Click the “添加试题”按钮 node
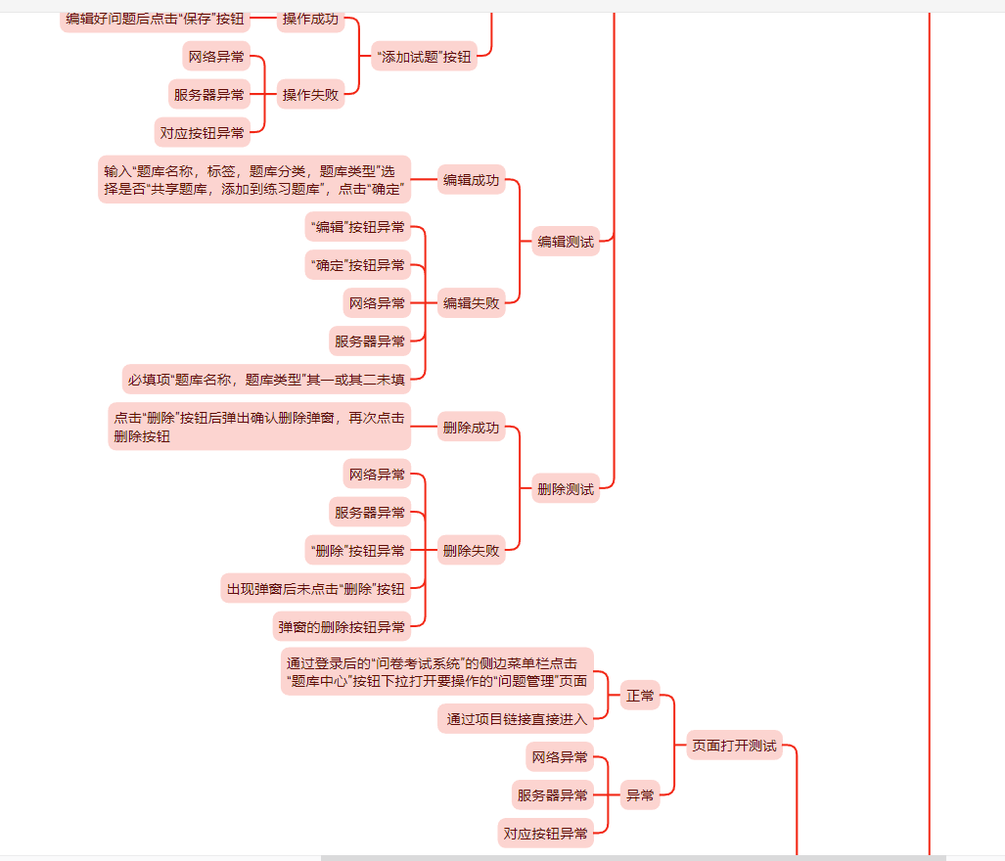424,57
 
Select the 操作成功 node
310,19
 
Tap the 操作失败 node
310,95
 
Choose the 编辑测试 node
566,242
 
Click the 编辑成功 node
471,180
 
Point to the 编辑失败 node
471,303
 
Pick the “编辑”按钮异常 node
357,227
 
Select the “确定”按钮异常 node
357,265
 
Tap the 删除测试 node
566,489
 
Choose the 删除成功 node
471,428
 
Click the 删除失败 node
471,551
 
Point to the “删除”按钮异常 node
357,551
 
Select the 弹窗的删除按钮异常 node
342,626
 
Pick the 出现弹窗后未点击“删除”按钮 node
315,589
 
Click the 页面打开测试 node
734,746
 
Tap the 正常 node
640,696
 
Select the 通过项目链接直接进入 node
516,720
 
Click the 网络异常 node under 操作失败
216,57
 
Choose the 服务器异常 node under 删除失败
370,513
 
